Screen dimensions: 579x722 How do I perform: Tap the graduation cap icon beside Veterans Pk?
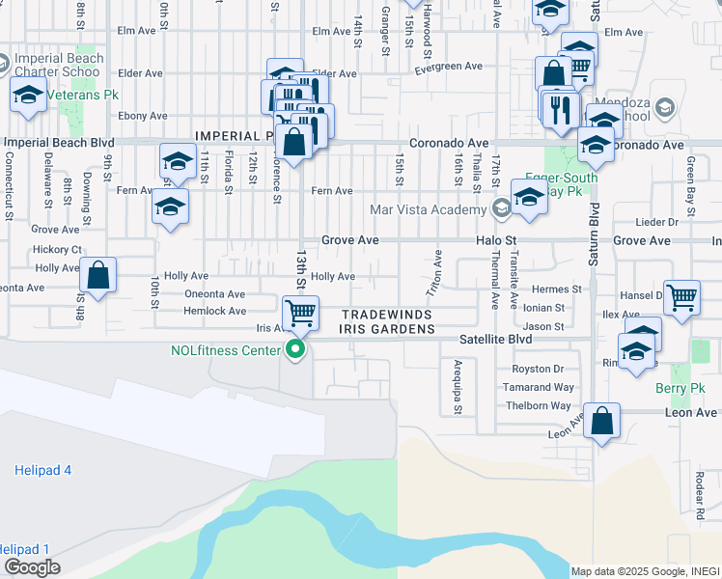coord(29,96)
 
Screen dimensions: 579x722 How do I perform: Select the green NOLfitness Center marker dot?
coord(297,350)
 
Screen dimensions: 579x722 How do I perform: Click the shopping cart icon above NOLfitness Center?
coord(301,313)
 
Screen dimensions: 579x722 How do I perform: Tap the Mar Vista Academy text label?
coord(428,209)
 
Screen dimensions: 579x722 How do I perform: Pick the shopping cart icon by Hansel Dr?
coord(681,297)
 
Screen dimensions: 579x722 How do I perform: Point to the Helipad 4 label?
coord(43,470)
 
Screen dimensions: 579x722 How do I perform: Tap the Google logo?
coord(33,566)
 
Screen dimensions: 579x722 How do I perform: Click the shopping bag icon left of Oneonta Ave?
coord(98,276)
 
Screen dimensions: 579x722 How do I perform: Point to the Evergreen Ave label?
coord(448,69)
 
